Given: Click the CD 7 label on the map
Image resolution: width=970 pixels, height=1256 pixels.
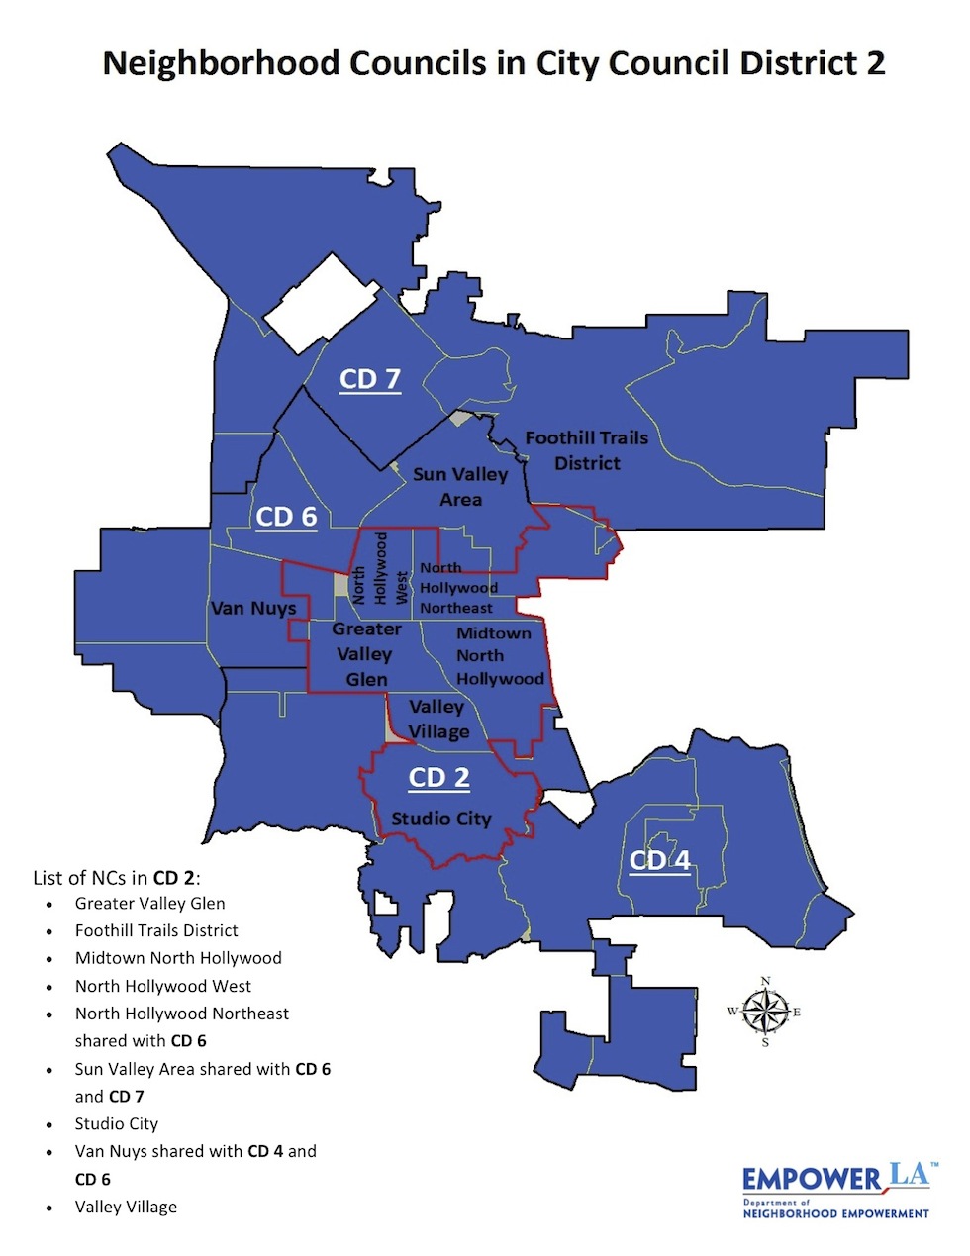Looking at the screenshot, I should [370, 379].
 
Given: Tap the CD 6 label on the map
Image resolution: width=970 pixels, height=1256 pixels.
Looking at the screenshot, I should [286, 517].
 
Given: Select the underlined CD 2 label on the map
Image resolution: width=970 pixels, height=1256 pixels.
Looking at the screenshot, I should [439, 778].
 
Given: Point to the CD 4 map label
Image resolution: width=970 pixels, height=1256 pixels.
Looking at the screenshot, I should [660, 860].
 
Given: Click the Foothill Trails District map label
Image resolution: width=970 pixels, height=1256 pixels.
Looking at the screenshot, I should [587, 450].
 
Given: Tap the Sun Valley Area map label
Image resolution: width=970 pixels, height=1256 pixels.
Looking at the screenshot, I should [460, 487].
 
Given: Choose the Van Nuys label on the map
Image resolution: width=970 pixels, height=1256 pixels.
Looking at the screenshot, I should [253, 608].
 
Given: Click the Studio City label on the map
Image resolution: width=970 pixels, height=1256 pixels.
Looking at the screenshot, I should [441, 819].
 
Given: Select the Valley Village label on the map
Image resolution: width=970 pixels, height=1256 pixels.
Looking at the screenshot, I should [437, 720].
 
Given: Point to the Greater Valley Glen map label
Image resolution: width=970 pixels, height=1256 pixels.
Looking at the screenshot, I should [366, 654].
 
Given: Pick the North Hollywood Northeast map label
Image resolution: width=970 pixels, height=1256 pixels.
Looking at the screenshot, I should [455, 588].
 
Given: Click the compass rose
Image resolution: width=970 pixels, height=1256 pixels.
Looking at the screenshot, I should [765, 1012].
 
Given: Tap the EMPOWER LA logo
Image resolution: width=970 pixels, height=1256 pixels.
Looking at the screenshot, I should [836, 1190].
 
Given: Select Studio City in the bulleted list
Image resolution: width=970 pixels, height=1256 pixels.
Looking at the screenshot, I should [117, 1124].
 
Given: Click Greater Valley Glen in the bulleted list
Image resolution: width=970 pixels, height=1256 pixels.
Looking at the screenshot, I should [150, 904].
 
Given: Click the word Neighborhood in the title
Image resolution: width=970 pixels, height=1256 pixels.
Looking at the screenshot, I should [230, 64].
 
